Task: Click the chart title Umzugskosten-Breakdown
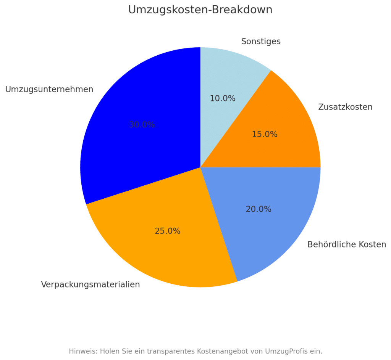[x=200, y=10]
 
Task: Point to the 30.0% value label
[x=142, y=125]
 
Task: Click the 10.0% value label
[x=223, y=98]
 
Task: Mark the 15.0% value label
[x=265, y=134]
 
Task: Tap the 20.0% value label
[x=259, y=209]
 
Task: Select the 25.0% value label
[x=167, y=231]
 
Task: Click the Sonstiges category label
[x=261, y=42]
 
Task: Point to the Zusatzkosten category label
[x=345, y=107]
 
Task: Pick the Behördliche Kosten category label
[x=347, y=244]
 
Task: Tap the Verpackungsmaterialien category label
[x=90, y=284]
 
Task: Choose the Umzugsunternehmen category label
[x=49, y=89]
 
